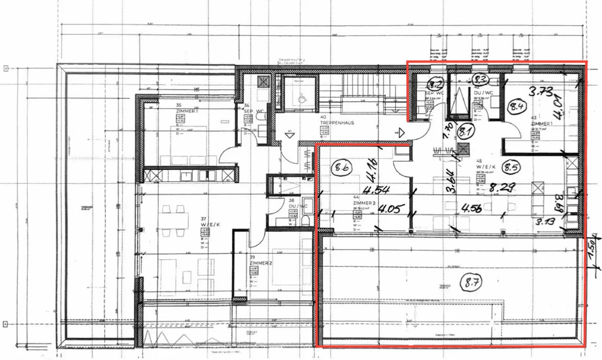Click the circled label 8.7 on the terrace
tap(471, 283)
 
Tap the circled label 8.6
tap(341, 168)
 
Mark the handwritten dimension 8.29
tap(502, 187)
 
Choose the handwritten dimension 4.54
tap(376, 191)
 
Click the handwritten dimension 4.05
tap(389, 209)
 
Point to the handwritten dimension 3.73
tap(541, 91)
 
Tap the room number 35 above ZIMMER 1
tap(179, 105)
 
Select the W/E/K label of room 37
tap(210, 225)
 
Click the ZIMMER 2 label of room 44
tap(365, 203)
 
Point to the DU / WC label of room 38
tap(298, 206)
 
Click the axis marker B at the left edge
tap(6, 68)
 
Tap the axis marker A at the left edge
tap(6, 324)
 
